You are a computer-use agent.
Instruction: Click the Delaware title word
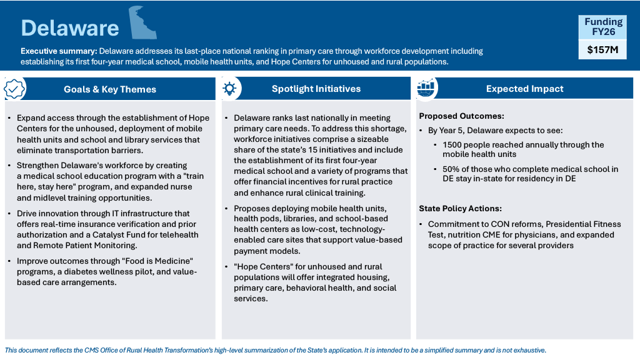[x=69, y=28]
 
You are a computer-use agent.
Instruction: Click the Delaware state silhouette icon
[x=143, y=24]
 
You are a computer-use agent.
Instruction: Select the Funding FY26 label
[x=603, y=27]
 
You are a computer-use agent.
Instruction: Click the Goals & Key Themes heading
[x=109, y=89]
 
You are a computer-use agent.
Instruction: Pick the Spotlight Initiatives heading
[x=316, y=89]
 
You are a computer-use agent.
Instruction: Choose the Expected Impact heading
[x=524, y=89]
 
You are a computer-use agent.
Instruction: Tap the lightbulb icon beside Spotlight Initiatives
[x=229, y=89]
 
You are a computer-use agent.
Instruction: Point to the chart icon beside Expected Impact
[x=426, y=89]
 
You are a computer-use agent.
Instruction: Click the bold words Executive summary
[x=58, y=51]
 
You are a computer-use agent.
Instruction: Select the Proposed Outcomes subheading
[x=461, y=116]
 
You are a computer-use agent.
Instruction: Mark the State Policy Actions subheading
[x=461, y=209]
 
